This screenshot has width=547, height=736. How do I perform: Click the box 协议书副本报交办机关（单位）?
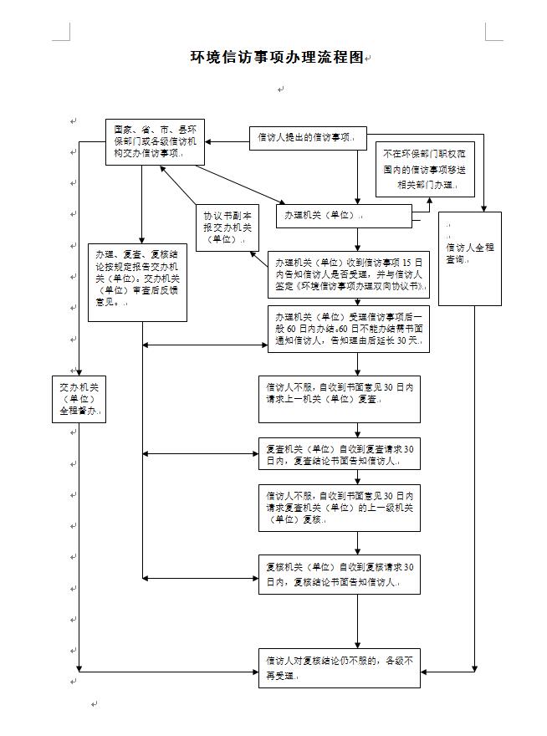point(225,227)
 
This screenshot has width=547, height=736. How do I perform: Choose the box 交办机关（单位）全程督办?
point(79,399)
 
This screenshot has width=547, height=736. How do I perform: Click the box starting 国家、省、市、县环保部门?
point(156,142)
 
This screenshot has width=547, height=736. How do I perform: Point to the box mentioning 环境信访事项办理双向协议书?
point(348,273)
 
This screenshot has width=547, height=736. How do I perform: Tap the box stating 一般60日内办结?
point(348,329)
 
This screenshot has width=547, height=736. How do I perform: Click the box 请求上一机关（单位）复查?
point(339,399)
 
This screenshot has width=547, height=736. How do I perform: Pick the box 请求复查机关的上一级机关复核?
point(339,507)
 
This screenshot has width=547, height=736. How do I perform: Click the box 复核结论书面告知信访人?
point(339,574)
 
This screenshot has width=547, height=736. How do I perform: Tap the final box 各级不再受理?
point(339,667)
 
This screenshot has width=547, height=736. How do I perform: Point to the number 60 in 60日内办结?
point(294,329)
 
